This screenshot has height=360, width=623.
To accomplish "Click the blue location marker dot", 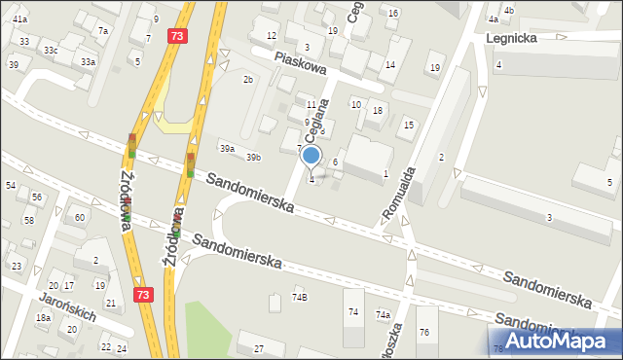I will [x=311, y=156].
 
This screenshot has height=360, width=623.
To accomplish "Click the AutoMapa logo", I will [x=558, y=341].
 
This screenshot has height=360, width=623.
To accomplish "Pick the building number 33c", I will [x=51, y=50].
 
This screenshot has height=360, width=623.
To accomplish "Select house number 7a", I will [x=102, y=31].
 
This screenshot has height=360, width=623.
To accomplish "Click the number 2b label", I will [x=248, y=79].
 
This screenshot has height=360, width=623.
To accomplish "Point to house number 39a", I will [x=227, y=149].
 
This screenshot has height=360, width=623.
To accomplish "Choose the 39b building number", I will [x=253, y=157].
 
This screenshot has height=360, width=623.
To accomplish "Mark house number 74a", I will [x=384, y=315].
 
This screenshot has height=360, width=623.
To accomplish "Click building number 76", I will [x=424, y=333].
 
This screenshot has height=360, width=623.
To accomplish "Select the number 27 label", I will [x=258, y=348].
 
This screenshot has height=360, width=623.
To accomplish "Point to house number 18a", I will [x=43, y=318].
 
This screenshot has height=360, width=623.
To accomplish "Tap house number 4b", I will [x=508, y=10].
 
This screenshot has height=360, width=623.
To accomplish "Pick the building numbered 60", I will [x=80, y=217].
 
